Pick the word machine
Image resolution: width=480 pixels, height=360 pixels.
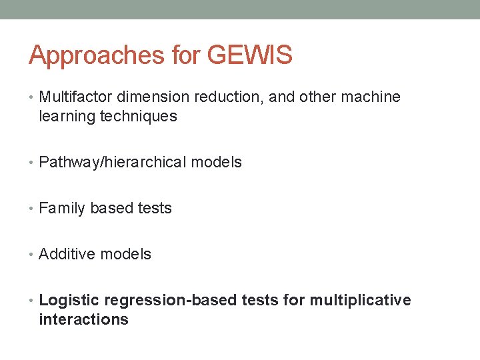tap(371, 97)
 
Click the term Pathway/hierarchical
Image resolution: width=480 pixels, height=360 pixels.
tap(113, 163)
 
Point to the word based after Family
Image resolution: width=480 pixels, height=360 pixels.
tap(111, 209)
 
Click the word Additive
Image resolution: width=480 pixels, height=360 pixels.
tap(67, 255)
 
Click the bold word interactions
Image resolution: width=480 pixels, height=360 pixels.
tap(83, 320)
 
